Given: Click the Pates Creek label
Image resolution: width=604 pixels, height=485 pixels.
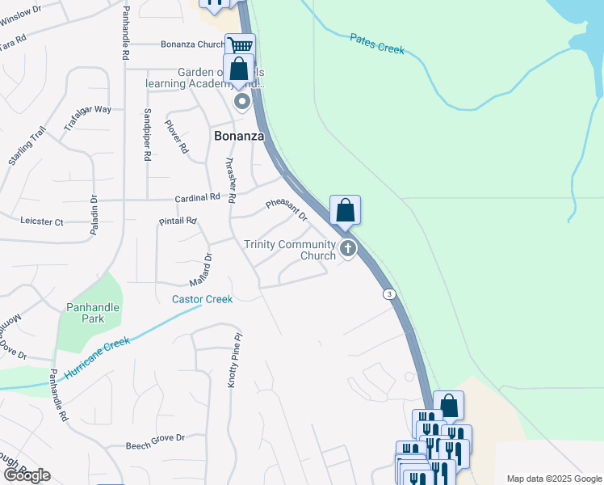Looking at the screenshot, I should (377, 44).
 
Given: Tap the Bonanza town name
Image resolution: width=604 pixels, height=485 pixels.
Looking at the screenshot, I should (239, 136).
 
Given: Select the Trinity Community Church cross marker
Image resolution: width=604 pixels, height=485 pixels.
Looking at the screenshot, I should (348, 248).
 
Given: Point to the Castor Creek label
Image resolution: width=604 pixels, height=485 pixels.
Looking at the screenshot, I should (202, 299).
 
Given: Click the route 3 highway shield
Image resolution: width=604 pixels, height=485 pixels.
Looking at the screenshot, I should (390, 294).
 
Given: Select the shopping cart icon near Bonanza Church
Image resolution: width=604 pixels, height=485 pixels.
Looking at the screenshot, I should (240, 44).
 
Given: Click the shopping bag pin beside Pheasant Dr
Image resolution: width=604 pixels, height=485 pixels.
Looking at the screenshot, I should (345, 210).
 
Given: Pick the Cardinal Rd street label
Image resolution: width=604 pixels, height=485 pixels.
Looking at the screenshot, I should (198, 197).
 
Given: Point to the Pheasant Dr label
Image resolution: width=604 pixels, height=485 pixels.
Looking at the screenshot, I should (287, 210).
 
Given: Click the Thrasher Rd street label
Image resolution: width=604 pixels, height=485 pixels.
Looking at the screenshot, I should (230, 179).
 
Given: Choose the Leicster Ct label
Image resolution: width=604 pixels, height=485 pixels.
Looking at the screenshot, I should (41, 221).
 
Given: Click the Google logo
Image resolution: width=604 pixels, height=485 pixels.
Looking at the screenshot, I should (27, 475).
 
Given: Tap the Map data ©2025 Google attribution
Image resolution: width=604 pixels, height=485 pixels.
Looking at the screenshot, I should (554, 478).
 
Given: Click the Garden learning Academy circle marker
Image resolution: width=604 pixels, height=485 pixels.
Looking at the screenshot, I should (241, 102).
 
